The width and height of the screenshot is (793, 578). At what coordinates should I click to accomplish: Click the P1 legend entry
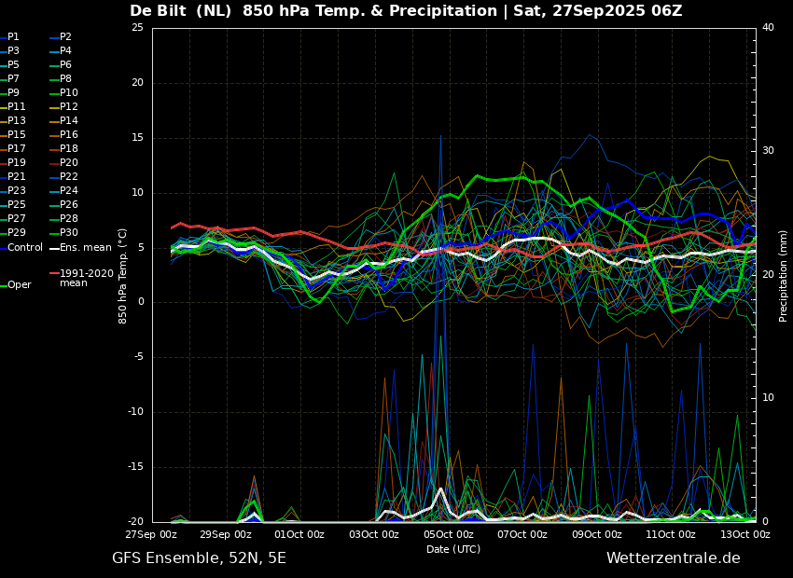[9, 37]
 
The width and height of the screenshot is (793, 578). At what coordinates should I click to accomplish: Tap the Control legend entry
[21, 248]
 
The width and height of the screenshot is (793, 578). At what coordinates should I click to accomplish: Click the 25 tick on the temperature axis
[137, 27]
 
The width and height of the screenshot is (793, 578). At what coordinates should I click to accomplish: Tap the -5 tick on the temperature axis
[137, 357]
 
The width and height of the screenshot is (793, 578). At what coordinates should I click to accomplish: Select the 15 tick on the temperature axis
[137, 138]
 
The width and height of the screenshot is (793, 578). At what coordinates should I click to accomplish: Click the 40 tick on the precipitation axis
[768, 27]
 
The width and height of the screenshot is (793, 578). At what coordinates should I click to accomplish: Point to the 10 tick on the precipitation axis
[768, 398]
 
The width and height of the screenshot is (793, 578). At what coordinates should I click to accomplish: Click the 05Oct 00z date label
[448, 534]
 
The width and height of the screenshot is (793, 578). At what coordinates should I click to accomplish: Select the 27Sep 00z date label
[152, 534]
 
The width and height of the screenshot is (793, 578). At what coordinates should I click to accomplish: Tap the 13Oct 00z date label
[744, 534]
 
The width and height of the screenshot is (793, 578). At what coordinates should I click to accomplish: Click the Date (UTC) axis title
[453, 549]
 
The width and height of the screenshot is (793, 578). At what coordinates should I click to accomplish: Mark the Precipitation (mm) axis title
[783, 275]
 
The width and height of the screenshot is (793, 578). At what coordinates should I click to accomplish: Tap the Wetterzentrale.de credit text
[674, 558]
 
